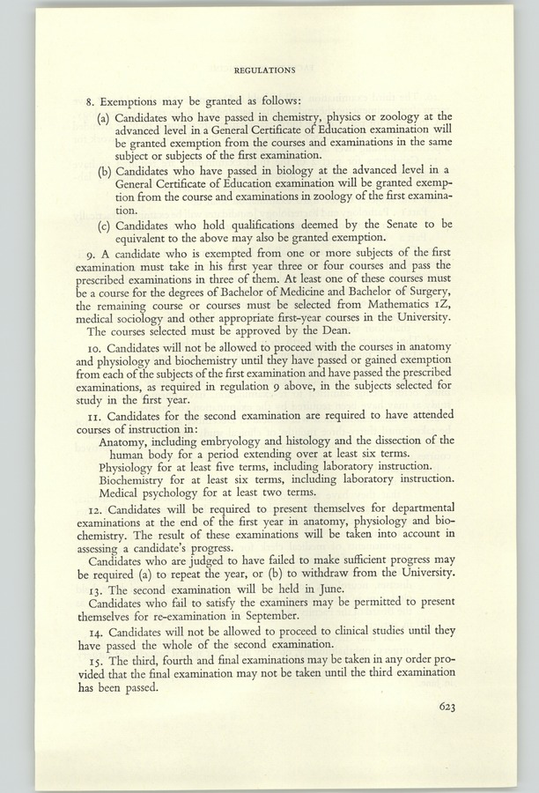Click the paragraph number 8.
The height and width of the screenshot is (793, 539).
tap(101, 100)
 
